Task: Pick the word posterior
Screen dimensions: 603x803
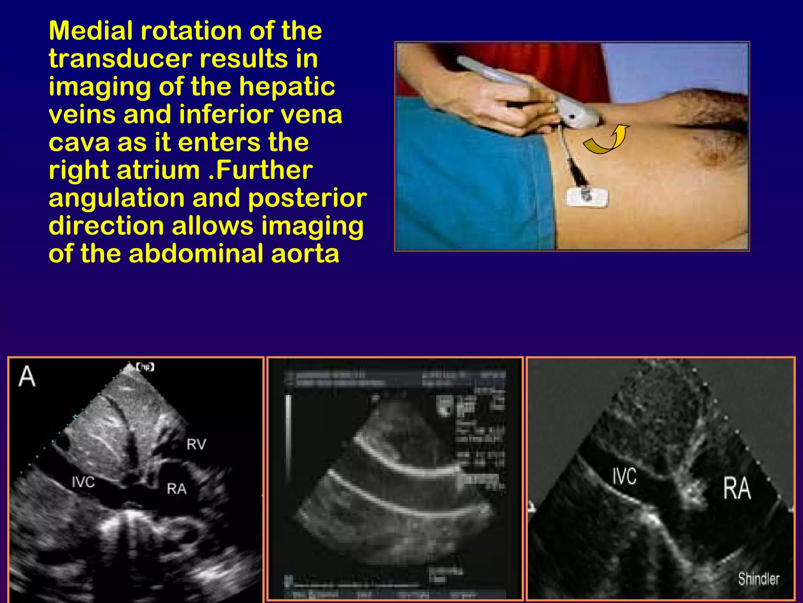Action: point(307,199)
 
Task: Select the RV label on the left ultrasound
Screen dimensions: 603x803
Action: point(196,444)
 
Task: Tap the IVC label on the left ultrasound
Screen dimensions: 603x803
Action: point(83,482)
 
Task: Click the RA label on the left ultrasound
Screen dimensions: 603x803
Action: point(176,489)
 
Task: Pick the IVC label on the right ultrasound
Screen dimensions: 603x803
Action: point(625,476)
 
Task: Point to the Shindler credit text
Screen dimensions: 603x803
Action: point(759,579)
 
